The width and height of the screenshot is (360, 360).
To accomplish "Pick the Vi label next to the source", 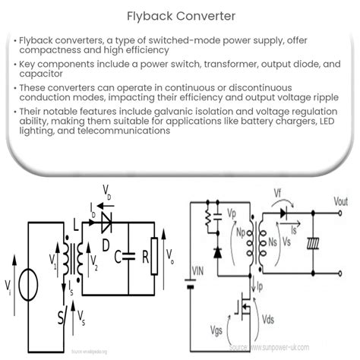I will tap(8, 287).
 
